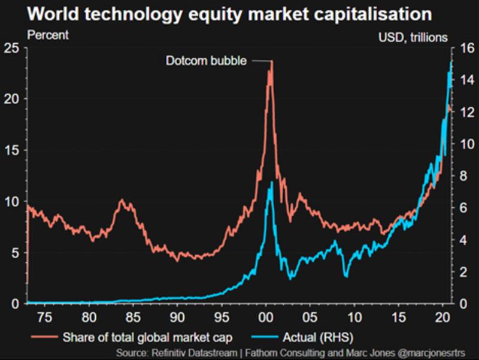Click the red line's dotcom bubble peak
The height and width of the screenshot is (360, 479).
tap(271, 62)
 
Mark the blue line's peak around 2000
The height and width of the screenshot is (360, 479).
tap(272, 181)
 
